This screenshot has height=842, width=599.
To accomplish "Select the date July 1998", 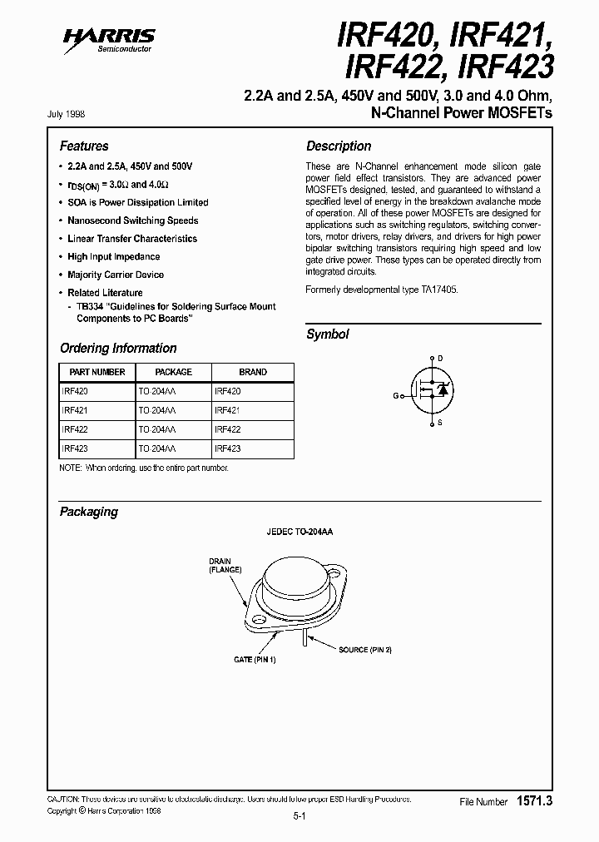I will click(x=72, y=114).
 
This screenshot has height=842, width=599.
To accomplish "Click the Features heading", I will click(x=84, y=146).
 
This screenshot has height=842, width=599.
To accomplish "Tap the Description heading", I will click(x=339, y=146).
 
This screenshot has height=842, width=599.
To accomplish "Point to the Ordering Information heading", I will click(x=118, y=348).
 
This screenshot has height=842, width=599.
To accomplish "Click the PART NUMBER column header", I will click(x=97, y=372).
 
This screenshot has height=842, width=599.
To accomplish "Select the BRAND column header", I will click(x=253, y=372).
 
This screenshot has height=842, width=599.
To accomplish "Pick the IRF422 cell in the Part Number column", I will click(x=75, y=429).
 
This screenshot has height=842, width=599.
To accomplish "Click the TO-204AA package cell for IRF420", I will click(x=157, y=390).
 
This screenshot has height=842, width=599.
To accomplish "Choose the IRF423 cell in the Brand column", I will click(x=228, y=448).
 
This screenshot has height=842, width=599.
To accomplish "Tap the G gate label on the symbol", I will click(x=397, y=395).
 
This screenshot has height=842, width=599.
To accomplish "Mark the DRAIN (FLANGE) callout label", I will click(x=225, y=566).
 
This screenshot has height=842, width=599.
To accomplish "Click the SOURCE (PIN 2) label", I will click(x=364, y=648).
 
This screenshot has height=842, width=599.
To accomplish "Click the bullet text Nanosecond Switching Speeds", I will click(x=133, y=220).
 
